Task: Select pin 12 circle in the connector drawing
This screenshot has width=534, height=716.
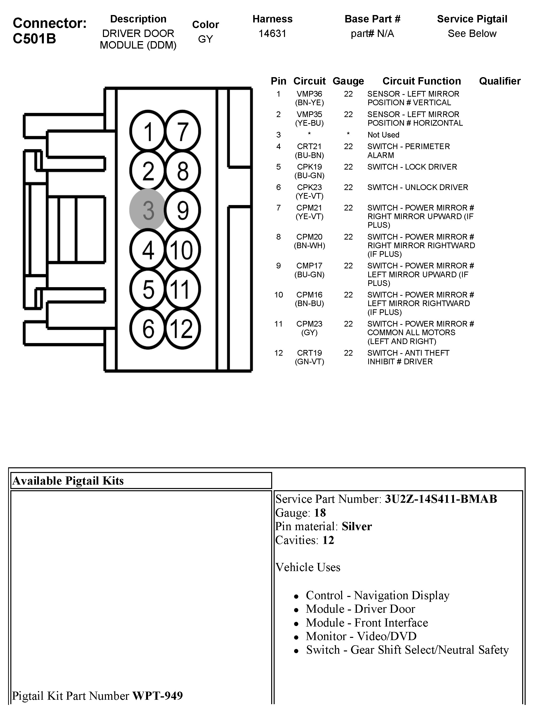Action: tap(183, 329)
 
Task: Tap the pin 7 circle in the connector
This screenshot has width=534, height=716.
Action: tap(183, 131)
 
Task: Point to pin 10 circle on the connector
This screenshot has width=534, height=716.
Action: tap(183, 250)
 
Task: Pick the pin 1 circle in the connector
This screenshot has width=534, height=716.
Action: tap(148, 131)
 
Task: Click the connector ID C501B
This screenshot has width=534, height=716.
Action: tap(34, 38)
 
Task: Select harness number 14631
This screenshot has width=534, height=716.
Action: tap(272, 34)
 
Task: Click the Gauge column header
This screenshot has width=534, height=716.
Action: tap(348, 81)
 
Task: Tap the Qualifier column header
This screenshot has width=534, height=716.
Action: tap(500, 81)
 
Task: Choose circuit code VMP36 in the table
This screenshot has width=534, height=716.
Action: tap(309, 94)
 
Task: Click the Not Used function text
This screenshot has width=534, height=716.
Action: tap(383, 135)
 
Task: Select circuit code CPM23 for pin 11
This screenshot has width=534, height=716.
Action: tap(309, 324)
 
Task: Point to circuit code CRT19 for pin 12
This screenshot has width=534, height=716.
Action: tap(309, 353)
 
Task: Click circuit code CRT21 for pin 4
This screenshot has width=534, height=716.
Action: tap(309, 146)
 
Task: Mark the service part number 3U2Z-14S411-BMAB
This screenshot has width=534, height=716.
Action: tap(441, 499)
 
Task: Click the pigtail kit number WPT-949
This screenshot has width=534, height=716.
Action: tap(157, 695)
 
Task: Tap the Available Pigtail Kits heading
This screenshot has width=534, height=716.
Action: tap(68, 481)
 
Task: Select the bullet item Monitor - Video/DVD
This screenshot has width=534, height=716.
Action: tap(361, 636)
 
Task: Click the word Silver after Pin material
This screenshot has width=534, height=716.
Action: tap(357, 526)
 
